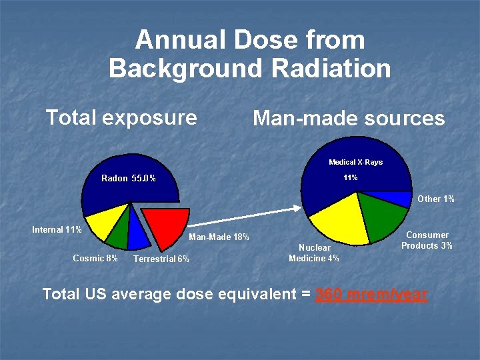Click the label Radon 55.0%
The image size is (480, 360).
129,178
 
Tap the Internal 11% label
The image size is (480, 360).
57,230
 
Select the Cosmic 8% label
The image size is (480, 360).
95,258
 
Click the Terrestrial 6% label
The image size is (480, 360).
161,259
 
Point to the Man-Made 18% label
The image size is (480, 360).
219,237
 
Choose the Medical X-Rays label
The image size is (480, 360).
355,162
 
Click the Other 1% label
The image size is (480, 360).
436,199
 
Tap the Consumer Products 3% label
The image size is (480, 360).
427,240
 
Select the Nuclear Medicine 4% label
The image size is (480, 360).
313,253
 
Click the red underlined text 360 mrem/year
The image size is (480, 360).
371,294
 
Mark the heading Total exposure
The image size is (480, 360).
121,118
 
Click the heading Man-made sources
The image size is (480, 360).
348,119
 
